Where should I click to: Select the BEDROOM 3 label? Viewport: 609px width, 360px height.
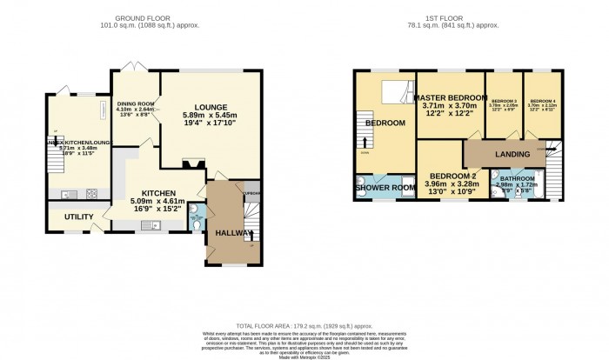click(504, 102)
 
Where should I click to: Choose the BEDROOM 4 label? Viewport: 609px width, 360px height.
click(542, 102)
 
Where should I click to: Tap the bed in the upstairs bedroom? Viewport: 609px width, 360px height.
click(397, 90)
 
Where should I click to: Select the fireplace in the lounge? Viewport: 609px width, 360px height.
click(194, 162)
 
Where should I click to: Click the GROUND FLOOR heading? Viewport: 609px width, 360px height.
click(146, 17)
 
